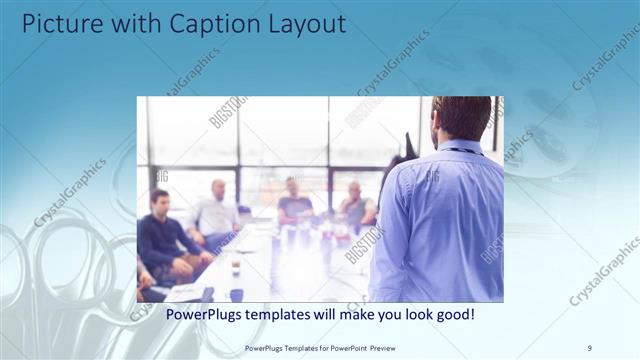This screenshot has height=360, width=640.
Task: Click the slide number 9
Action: point(589,347)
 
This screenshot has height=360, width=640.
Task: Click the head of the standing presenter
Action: point(462,117)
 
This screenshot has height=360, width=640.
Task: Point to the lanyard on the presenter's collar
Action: point(458,151)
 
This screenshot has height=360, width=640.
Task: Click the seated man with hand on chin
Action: point(355,206)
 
